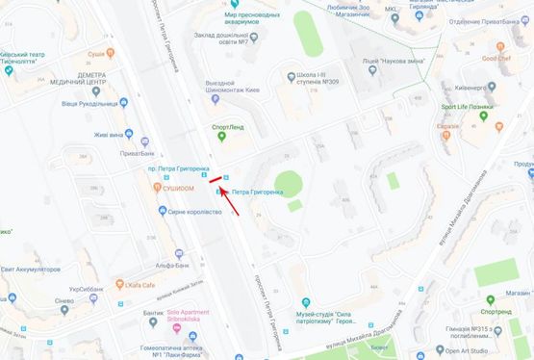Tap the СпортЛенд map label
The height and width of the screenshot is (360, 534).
pyautogui.click(x=227, y=125)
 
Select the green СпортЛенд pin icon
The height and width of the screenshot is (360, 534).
pyautogui.click(x=222, y=137)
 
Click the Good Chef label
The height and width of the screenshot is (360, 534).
pyautogui.click(x=496, y=57)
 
